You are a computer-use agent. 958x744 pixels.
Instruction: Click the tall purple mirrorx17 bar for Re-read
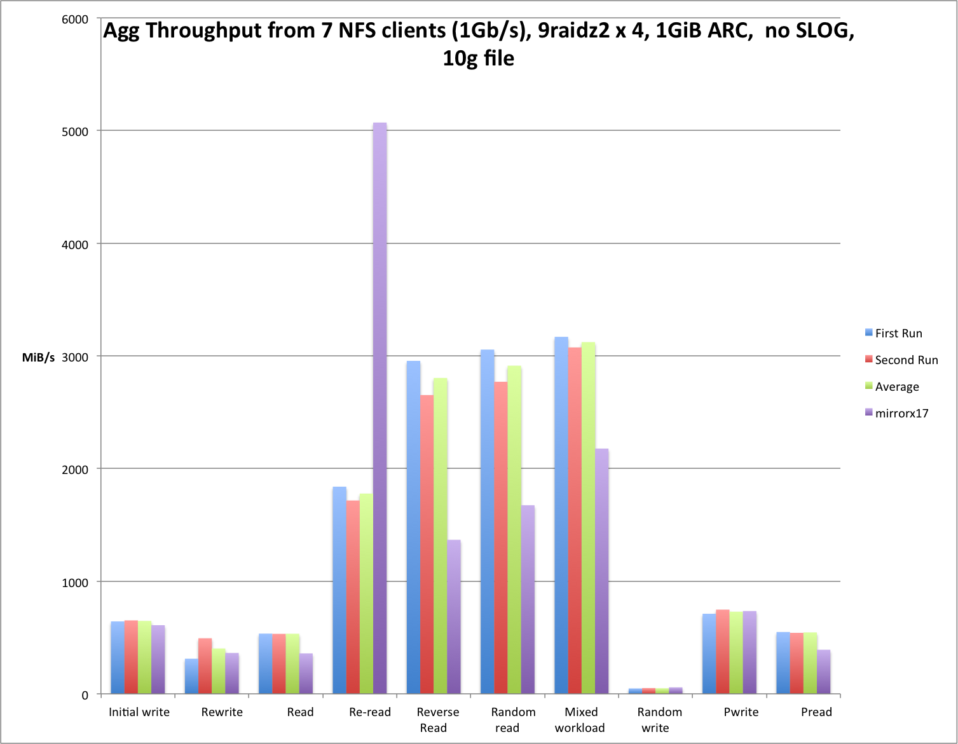click(x=380, y=407)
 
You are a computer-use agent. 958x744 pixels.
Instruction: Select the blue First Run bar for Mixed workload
click(x=561, y=515)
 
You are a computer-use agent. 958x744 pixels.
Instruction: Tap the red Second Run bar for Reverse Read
click(x=427, y=544)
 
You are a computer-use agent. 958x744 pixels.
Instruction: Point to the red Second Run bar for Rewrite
click(x=205, y=665)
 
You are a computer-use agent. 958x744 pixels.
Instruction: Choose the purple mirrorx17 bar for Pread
click(x=823, y=671)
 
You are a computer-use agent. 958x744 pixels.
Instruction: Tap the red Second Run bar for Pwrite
click(x=723, y=651)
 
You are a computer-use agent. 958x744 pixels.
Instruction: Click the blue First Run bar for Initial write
click(x=118, y=657)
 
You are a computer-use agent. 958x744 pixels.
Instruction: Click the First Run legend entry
click(x=898, y=334)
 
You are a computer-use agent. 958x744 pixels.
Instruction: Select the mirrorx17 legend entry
click(x=901, y=414)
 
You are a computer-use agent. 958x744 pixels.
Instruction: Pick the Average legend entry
click(x=896, y=387)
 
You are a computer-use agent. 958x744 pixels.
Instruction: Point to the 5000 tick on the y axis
click(x=75, y=132)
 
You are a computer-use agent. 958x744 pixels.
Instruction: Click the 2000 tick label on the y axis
click(x=75, y=470)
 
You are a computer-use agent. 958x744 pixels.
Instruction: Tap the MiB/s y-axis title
click(x=38, y=358)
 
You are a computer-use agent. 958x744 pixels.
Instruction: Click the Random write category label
click(x=659, y=720)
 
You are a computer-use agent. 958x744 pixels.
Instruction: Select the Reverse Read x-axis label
click(x=437, y=720)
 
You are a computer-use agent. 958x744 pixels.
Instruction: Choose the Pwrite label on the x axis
click(x=741, y=712)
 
